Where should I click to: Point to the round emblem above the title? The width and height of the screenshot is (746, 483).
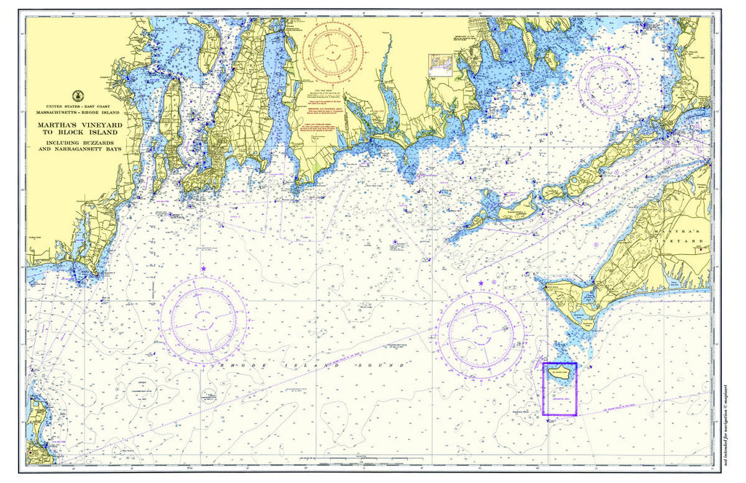(77, 95)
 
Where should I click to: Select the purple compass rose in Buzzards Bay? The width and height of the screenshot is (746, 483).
(608, 85)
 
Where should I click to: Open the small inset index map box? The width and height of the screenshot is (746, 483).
(441, 64)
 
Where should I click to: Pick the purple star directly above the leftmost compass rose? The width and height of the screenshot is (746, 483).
(203, 270)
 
